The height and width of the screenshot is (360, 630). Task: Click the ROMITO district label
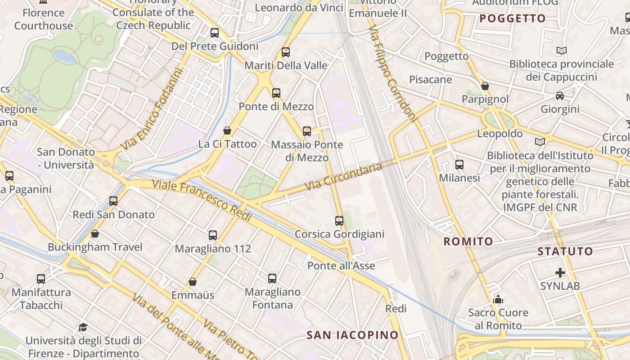(468, 242)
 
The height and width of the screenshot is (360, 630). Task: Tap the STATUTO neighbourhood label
(565, 252)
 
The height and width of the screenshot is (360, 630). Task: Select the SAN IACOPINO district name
(352, 335)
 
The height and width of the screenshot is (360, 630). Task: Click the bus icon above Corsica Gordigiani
(339, 221)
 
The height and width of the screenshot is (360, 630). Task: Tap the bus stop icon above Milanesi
(459, 165)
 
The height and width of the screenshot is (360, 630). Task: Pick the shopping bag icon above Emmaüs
(193, 282)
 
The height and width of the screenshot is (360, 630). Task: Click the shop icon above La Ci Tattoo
(227, 130)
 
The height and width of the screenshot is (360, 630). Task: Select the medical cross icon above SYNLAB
(560, 273)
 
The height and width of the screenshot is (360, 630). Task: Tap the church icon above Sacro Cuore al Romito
(498, 299)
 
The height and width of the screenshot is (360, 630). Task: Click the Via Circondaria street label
(343, 176)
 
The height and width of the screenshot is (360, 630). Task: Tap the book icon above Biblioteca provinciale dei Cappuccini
(561, 51)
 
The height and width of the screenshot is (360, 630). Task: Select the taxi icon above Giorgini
(560, 96)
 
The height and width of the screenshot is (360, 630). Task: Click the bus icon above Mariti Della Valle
(286, 52)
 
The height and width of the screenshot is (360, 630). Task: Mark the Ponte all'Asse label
(341, 266)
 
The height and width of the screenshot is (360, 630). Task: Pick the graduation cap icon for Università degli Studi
(83, 327)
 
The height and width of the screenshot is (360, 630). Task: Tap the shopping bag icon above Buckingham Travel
(95, 234)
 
